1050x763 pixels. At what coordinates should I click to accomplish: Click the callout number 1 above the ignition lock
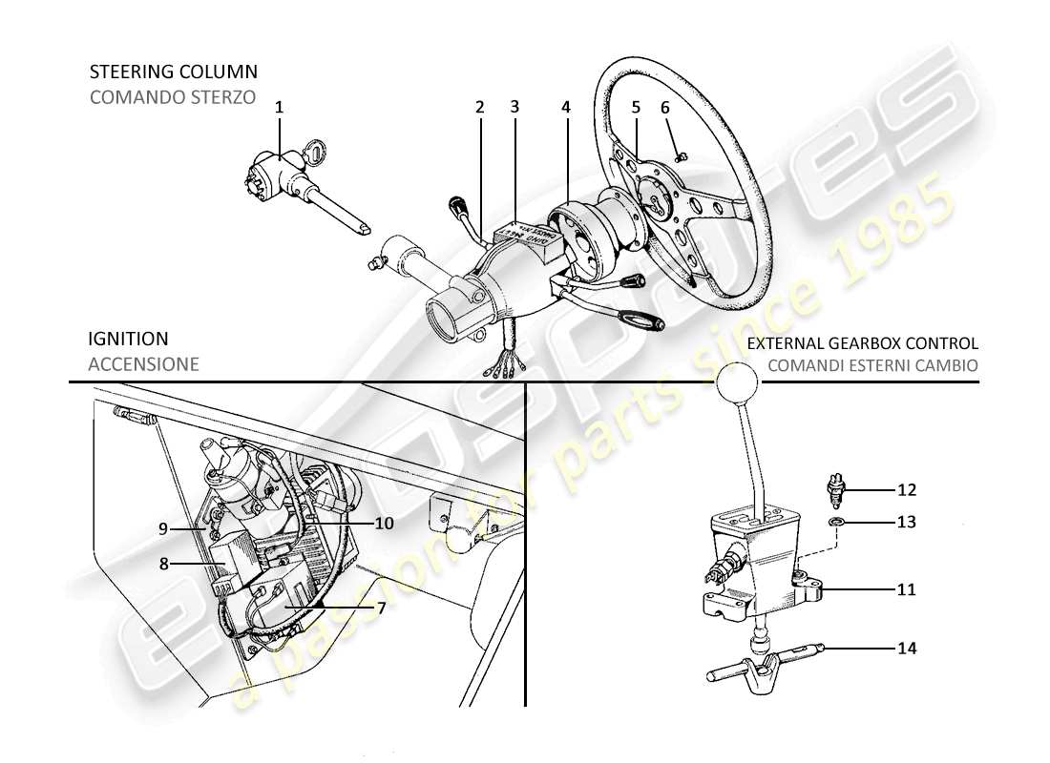click(x=280, y=108)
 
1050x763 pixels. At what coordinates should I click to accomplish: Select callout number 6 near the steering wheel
click(x=665, y=108)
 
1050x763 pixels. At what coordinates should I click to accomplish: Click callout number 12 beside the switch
click(x=906, y=490)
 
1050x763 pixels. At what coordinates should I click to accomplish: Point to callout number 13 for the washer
click(x=906, y=523)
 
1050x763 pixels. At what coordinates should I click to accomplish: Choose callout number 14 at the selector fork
click(x=906, y=649)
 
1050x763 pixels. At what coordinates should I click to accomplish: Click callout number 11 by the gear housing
click(x=906, y=590)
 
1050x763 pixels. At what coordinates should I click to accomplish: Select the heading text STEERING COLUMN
click(x=173, y=72)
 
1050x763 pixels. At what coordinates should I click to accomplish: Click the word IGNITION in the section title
click(x=128, y=339)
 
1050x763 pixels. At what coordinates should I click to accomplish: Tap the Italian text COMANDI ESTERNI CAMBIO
click(x=863, y=364)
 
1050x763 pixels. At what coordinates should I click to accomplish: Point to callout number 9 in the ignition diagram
click(x=163, y=527)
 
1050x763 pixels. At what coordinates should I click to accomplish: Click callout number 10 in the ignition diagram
click(x=384, y=523)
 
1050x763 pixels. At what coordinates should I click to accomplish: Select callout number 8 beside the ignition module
click(x=163, y=564)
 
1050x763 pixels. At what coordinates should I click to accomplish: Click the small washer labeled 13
click(x=835, y=523)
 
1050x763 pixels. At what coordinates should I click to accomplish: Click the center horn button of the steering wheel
click(x=653, y=200)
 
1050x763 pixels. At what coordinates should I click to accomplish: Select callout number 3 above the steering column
click(x=514, y=108)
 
